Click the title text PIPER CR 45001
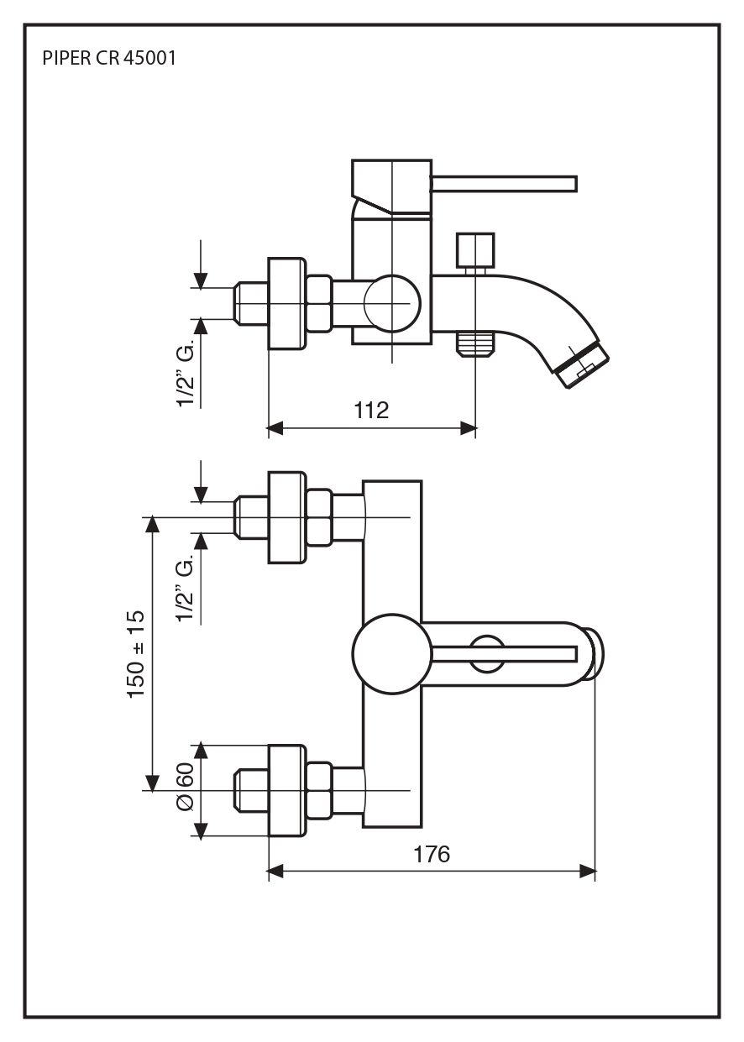(x=108, y=60)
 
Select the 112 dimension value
(x=371, y=410)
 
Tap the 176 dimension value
(x=432, y=854)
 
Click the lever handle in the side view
(x=504, y=184)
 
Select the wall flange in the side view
(x=285, y=303)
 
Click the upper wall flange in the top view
(x=285, y=517)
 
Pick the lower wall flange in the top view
(x=285, y=790)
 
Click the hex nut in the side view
(x=319, y=303)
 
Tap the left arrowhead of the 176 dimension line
(x=274, y=873)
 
